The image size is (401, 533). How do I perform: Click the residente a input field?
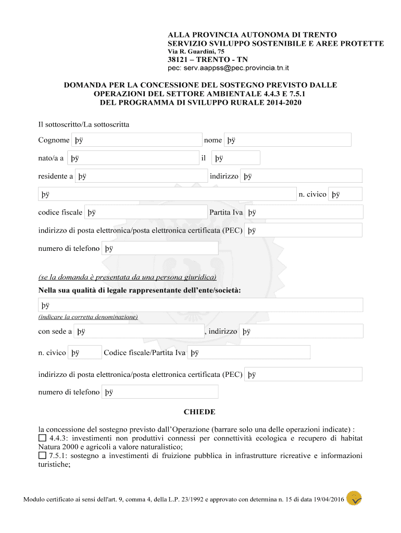click(x=141, y=176)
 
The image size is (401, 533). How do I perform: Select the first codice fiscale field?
click(x=146, y=212)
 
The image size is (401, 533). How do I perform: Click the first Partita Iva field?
click(x=304, y=212)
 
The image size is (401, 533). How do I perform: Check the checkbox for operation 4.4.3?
click(x=42, y=439)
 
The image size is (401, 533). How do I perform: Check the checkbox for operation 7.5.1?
click(x=42, y=455)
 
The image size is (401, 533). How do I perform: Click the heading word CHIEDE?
click(x=199, y=412)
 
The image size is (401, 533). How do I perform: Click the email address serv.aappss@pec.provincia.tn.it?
click(x=228, y=68)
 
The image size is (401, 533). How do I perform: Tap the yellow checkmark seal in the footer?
click(x=354, y=498)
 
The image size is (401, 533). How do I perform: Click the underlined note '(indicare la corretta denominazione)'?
click(x=88, y=316)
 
